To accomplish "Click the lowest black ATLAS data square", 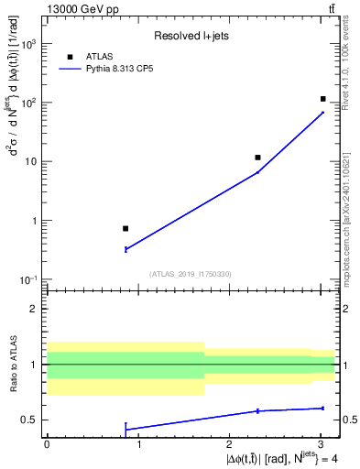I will click(125, 228).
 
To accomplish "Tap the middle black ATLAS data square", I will click(258, 158).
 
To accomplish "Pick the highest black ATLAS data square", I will click(322, 99).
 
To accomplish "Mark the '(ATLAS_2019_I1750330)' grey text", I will click(190, 274).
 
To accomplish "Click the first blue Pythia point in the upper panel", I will click(125, 249).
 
